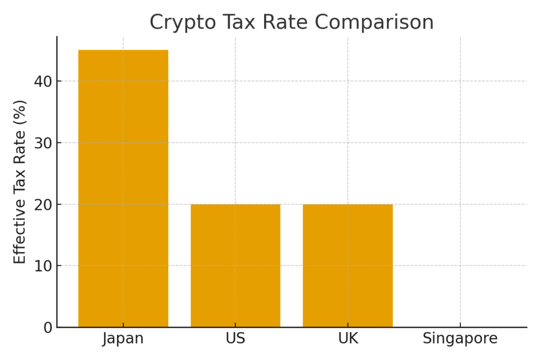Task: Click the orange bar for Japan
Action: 123,188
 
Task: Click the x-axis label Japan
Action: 123,338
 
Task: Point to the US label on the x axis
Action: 235,338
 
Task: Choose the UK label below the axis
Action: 348,338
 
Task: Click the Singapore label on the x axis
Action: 460,338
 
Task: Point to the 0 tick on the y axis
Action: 48,327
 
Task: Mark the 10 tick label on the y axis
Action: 43,266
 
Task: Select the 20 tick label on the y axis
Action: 43,205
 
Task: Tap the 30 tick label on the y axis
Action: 43,143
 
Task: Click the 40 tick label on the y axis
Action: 43,81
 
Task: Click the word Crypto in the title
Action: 180,23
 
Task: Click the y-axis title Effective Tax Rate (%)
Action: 20,182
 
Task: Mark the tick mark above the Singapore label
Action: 460,329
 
